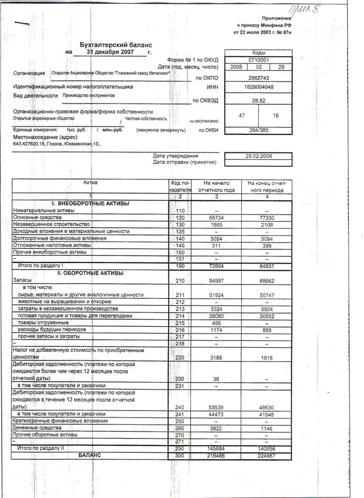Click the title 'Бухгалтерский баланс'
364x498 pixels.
[116, 44]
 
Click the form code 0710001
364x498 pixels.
[258, 59]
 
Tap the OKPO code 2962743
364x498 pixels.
[258, 78]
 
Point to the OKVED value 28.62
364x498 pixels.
[258, 101]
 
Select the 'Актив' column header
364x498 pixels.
[90, 182]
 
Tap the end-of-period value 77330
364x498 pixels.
[265, 218]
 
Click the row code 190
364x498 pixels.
[180, 266]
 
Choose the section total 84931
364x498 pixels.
[265, 266]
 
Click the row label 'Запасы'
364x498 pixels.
[22, 280]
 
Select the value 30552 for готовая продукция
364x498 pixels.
[265, 316]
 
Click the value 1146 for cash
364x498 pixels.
[265, 428]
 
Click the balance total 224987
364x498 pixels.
[265, 456]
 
